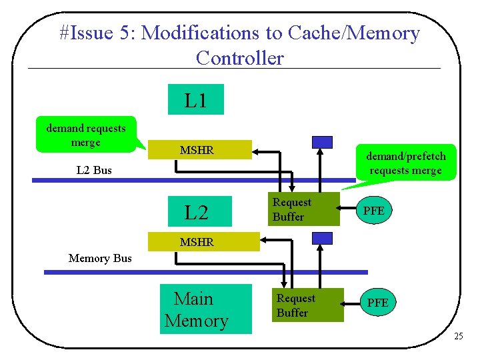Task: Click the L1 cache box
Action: pyautogui.click(x=195, y=100)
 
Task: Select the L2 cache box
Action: pyautogui.click(x=197, y=213)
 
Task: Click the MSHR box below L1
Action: pyautogui.click(x=198, y=151)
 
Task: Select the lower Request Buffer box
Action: pyautogui.click(x=307, y=305)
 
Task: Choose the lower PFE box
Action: pyautogui.click(x=378, y=303)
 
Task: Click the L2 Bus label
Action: pyautogui.click(x=94, y=170)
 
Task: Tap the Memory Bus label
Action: pyautogui.click(x=100, y=258)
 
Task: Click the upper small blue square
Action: pyautogui.click(x=323, y=141)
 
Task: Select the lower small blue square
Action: pyautogui.click(x=323, y=238)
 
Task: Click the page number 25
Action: pyautogui.click(x=458, y=336)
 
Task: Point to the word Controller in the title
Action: pyautogui.click(x=239, y=58)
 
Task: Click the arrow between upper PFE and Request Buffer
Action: pyautogui.click(x=347, y=211)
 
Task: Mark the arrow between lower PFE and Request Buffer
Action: pyautogui.click(x=352, y=303)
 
